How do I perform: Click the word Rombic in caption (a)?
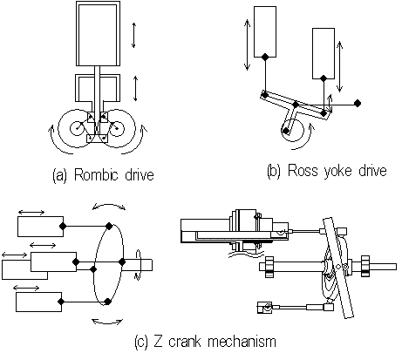[96, 174]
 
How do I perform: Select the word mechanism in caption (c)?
[242, 341]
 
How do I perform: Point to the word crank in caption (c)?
[184, 341]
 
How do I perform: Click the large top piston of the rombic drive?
[98, 34]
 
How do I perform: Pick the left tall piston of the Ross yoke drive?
[265, 31]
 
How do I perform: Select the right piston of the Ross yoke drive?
[324, 53]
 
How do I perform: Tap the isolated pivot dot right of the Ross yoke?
[358, 103]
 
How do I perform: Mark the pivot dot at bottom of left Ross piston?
[265, 57]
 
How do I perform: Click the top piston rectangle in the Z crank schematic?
[40, 227]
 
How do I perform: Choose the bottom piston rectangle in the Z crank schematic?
[38, 302]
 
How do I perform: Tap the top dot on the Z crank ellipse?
[109, 226]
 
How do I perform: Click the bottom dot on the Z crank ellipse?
[107, 302]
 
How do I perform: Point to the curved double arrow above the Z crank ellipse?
[109, 204]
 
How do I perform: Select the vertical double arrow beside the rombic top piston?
[133, 35]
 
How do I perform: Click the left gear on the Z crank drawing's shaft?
[269, 267]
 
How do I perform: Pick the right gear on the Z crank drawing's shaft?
[365, 266]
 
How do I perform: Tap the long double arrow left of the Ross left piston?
[247, 44]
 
